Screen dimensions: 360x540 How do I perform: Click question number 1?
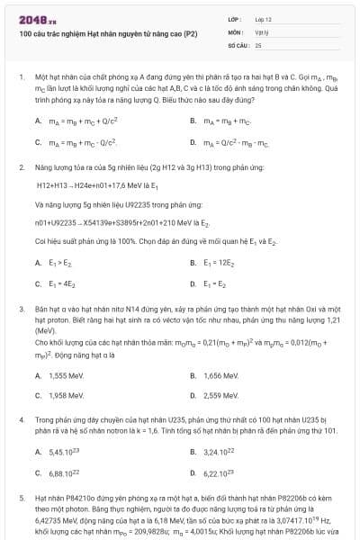pyautogui.click(x=21, y=78)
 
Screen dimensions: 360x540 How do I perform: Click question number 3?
pyautogui.click(x=21, y=309)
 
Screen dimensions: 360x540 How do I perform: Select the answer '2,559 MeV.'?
pyautogui.click(x=220, y=395)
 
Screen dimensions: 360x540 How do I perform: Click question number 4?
pyautogui.click(x=21, y=420)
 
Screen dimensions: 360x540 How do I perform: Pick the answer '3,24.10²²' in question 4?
pyautogui.click(x=220, y=451)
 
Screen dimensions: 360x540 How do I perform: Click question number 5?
pyautogui.click(x=21, y=497)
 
